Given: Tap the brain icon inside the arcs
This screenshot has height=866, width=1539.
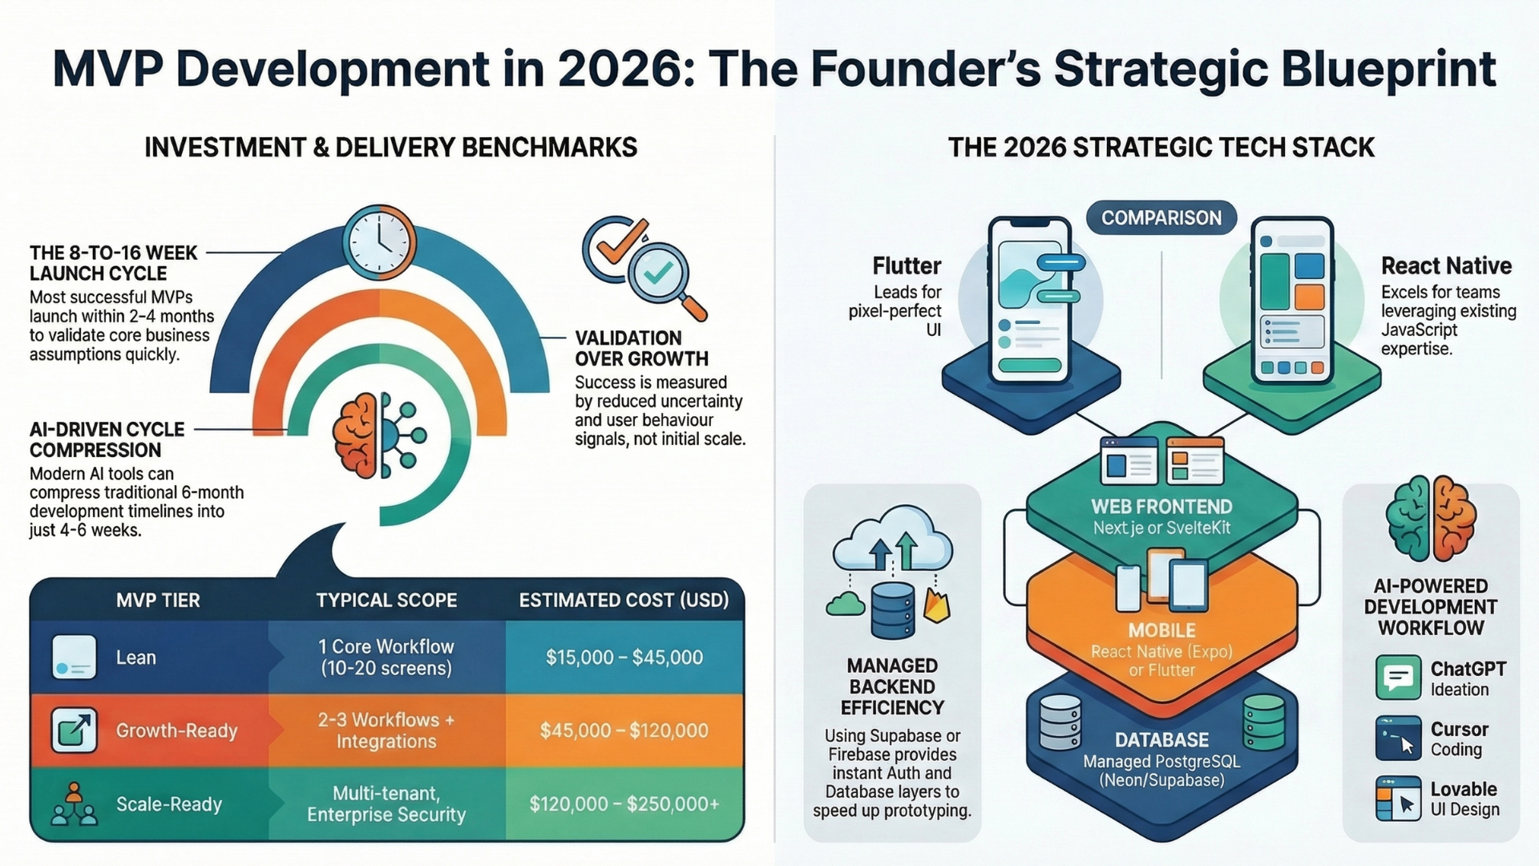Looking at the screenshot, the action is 356,435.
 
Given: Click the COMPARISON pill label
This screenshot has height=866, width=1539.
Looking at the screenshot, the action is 1161,217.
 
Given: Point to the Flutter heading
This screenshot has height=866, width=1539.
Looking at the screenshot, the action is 907,265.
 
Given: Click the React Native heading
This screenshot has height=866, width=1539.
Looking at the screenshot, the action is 1446,265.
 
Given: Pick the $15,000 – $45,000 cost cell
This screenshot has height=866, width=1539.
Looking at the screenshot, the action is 624,658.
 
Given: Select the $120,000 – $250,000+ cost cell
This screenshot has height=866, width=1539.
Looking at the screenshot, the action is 624,803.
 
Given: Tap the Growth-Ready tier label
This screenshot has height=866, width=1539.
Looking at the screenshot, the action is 176,730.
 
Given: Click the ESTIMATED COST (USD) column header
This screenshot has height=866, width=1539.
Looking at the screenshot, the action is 624,601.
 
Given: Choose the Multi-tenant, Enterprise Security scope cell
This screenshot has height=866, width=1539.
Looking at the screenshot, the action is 386,804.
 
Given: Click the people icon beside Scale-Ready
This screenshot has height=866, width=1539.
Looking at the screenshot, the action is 74,804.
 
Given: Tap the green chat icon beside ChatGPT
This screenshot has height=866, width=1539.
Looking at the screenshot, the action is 1399,678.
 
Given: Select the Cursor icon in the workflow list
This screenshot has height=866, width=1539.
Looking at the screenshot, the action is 1399,739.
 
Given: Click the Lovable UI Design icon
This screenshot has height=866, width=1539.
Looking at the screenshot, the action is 1399,799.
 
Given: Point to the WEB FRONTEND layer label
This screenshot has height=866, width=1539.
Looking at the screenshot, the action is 1161,507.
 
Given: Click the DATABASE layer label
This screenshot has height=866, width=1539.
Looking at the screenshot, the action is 1161,740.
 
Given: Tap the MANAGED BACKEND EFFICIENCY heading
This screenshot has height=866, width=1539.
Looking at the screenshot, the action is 892,686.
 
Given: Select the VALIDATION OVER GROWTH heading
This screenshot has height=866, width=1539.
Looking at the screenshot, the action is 642,348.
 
